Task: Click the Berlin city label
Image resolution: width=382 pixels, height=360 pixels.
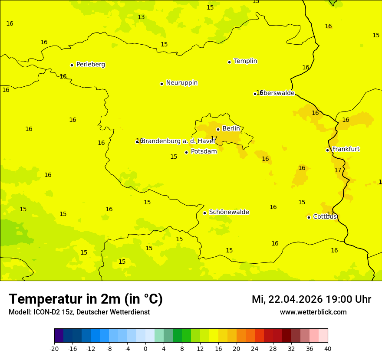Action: point(231,129)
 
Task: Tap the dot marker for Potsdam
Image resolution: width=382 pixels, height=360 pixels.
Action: point(187,152)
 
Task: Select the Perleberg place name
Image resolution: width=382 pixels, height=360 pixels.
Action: point(91,65)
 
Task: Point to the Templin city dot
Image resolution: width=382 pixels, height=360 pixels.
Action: point(229,62)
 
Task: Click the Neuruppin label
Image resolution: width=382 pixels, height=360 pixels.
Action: point(182,83)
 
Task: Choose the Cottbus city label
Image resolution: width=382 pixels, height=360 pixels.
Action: point(325,217)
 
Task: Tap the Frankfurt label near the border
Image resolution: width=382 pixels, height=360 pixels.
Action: point(346,149)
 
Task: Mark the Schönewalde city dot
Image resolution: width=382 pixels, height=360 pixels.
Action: point(204,213)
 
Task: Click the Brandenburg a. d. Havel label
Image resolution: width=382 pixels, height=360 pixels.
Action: point(178,141)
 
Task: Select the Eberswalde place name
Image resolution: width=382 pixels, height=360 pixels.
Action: point(277,93)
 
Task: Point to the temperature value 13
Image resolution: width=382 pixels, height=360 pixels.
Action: point(141,17)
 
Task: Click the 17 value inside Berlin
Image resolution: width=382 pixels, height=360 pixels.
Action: point(214,138)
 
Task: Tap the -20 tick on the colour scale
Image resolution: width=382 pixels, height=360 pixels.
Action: point(54,348)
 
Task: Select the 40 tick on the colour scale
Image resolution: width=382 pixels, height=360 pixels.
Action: point(328,348)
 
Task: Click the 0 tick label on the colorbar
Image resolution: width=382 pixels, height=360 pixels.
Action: point(145,348)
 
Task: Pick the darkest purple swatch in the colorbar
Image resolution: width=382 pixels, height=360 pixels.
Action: point(59,336)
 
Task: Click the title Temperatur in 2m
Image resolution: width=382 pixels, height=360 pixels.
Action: point(86,299)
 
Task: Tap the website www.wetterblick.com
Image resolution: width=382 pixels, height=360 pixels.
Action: point(313,312)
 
